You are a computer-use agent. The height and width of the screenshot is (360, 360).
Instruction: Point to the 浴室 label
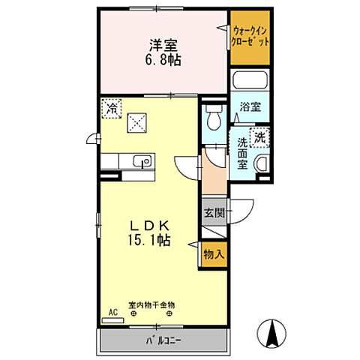(250, 108)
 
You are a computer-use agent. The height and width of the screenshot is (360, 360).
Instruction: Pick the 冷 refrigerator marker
(111, 107)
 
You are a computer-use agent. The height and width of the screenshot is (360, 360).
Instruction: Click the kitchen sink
(140, 161)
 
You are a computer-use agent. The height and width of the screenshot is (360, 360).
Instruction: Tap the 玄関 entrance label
(214, 212)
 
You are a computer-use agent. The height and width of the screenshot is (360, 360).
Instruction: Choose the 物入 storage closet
(214, 254)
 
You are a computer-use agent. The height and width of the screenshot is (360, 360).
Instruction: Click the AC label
(113, 310)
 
